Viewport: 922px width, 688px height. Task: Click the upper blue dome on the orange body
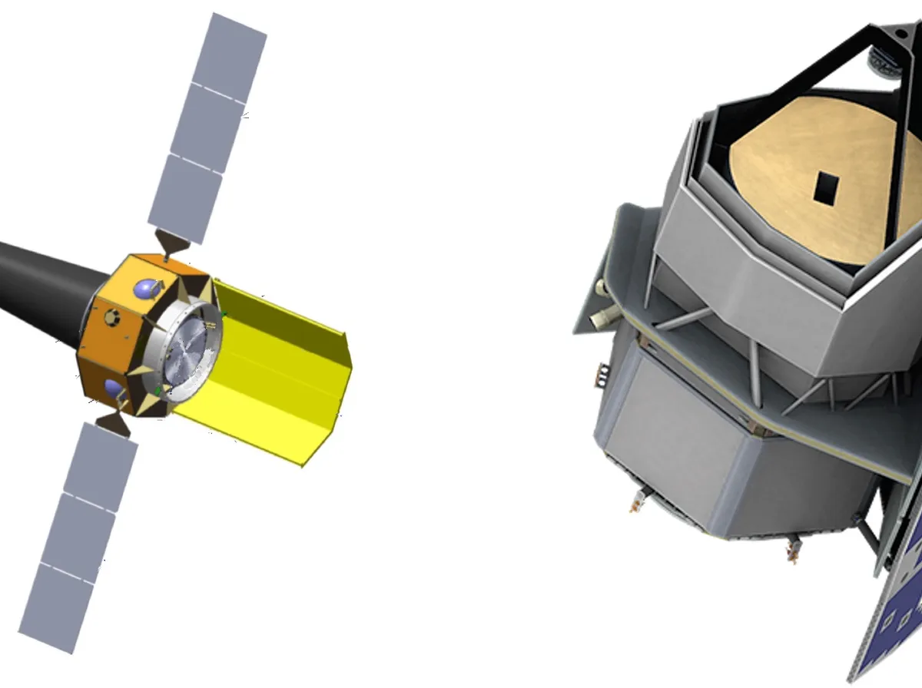146,288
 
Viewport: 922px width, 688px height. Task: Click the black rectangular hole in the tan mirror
827,188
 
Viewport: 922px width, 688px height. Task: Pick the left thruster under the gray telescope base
635,503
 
